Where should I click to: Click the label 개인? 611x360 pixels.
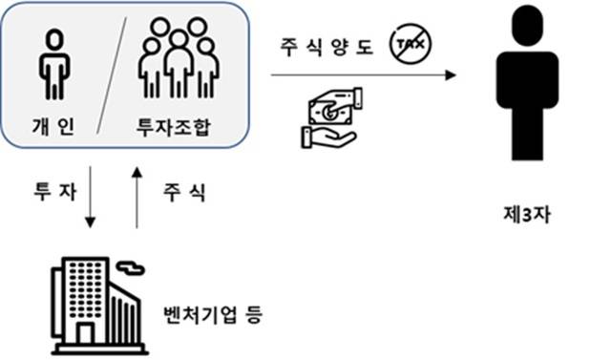tap(54, 125)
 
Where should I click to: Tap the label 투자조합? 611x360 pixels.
tap(176, 126)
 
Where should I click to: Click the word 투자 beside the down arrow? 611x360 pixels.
tap(50, 191)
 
